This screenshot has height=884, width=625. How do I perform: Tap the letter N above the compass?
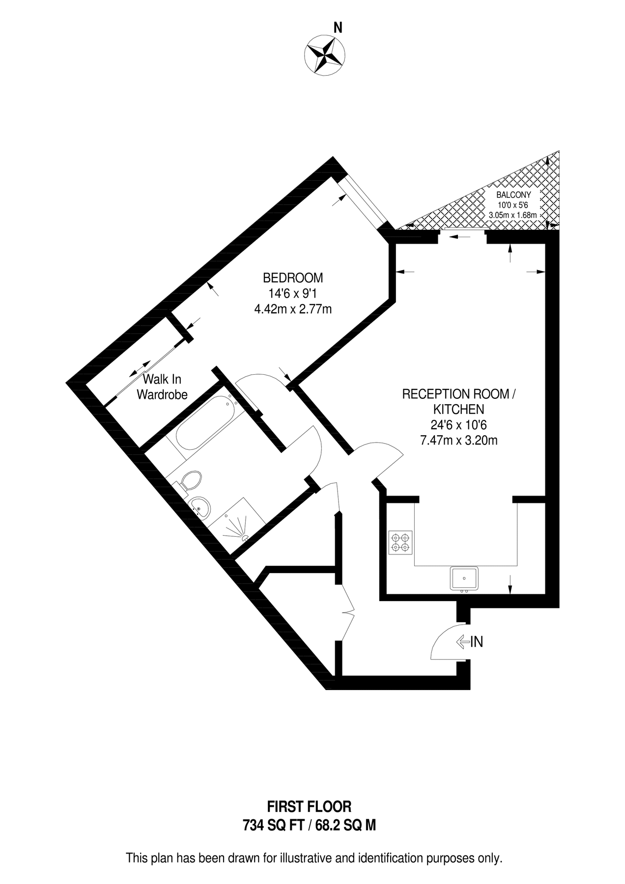pyautogui.click(x=338, y=28)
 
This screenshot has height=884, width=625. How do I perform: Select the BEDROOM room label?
pyautogui.click(x=293, y=278)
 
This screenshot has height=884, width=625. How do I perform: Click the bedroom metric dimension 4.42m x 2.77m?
pyautogui.click(x=293, y=309)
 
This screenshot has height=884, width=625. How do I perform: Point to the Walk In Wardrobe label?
pyautogui.click(x=162, y=387)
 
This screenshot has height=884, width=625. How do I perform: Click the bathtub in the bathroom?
pyautogui.click(x=203, y=422)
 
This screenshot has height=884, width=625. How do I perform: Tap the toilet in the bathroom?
pyautogui.click(x=191, y=480)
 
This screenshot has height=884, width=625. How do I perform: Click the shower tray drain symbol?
pyautogui.click(x=244, y=536)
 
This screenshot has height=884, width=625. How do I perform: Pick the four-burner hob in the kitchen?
pyautogui.click(x=400, y=543)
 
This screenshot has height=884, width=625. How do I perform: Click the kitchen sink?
pyautogui.click(x=464, y=578)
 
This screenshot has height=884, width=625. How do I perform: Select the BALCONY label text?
pyautogui.click(x=513, y=195)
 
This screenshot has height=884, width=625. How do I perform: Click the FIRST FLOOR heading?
pyautogui.click(x=309, y=806)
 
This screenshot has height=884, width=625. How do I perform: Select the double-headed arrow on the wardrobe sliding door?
pyautogui.click(x=140, y=368)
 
